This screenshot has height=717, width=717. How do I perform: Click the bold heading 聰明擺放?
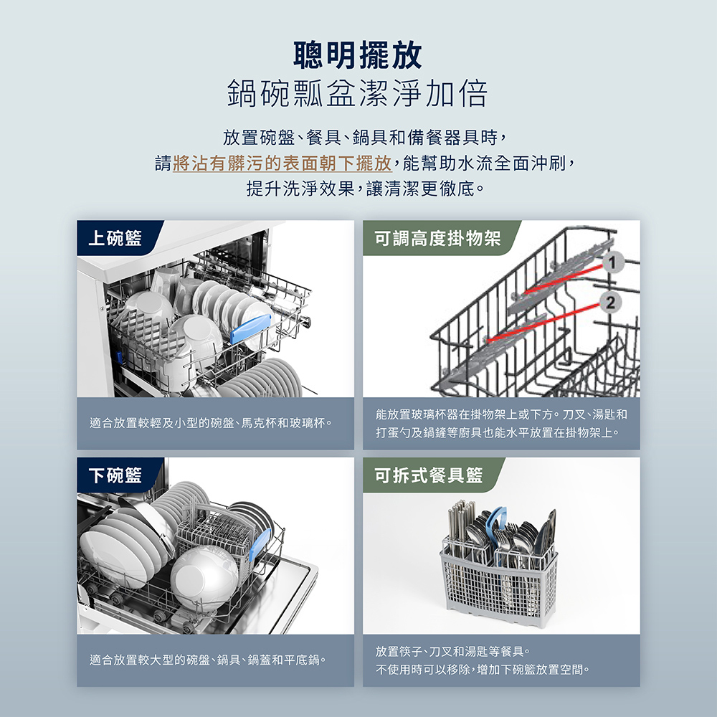(x=358, y=55)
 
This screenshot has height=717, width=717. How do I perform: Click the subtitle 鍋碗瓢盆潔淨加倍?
(x=358, y=93)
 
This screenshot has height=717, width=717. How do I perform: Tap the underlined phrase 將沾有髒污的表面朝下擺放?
(x=282, y=163)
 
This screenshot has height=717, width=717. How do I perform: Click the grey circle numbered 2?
(x=610, y=303)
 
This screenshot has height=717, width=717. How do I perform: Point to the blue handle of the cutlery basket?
(x=496, y=521)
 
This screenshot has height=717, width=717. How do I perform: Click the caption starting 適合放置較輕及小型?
(x=211, y=423)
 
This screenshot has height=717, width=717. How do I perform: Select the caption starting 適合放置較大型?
(x=208, y=660)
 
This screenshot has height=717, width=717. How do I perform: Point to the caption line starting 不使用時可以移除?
(x=483, y=670)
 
